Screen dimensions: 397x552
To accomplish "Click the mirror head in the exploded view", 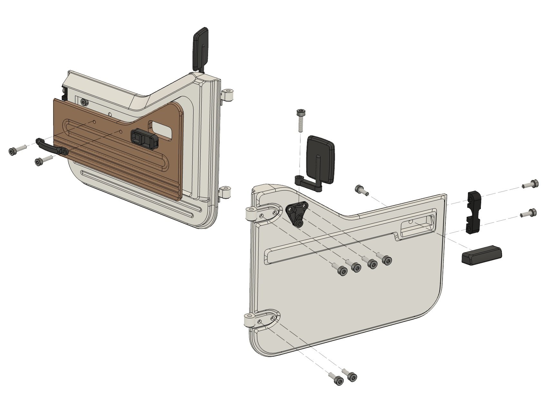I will pyautogui.click(x=320, y=158).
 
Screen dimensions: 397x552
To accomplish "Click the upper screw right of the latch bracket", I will pyautogui.click(x=531, y=184).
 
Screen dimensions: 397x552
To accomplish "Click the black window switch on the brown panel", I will pyautogui.click(x=144, y=139).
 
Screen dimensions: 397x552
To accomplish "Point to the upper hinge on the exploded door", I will pyautogui.click(x=252, y=214).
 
